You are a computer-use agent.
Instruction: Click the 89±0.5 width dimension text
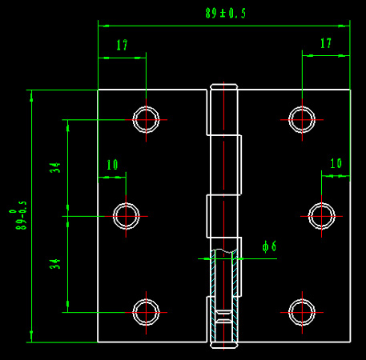pos(226,13)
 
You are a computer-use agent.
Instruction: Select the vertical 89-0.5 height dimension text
pos(18,215)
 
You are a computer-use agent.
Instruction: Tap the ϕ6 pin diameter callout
pos(269,246)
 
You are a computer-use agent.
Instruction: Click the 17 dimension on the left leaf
pos(122,45)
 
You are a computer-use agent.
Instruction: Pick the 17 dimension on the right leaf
pos(326,43)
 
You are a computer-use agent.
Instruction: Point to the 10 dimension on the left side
pos(112,165)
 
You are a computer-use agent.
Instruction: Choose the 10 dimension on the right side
pos(336,163)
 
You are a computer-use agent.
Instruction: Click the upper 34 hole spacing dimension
pos(55,167)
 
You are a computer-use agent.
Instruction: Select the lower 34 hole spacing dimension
pos(55,264)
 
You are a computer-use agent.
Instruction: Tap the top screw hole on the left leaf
pos(146,107)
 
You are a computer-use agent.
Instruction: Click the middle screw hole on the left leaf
pos(126,203)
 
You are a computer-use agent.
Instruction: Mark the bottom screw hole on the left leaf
pos(146,299)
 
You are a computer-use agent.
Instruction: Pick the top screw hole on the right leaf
pos(302,107)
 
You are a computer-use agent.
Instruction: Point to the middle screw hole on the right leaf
pos(321,203)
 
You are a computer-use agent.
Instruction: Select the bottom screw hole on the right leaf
pos(302,299)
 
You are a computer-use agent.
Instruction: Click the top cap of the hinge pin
pos(223,86)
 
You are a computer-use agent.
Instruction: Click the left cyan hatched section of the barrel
pos(213,296)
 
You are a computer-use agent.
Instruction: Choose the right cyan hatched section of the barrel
pos(235,296)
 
